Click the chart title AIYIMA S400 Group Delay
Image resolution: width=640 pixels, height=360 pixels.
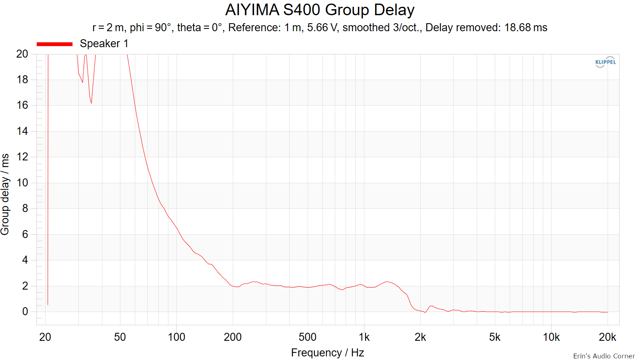(320, 10)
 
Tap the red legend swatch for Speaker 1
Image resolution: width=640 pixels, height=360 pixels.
(54, 44)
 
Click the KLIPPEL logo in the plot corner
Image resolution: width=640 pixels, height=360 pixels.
(606, 62)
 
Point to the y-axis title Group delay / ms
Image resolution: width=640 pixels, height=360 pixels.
(5, 194)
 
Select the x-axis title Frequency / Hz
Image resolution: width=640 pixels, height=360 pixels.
(328, 353)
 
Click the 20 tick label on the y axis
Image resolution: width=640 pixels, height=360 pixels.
(22, 54)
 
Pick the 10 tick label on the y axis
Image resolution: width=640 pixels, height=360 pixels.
(22, 182)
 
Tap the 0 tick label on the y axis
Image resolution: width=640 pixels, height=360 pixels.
(25, 312)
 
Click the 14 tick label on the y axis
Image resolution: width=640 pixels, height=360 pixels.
(22, 131)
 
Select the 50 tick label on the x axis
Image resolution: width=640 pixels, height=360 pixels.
(120, 337)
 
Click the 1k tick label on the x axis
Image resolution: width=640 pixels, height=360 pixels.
(364, 337)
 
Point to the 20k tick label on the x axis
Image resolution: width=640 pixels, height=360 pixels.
(608, 337)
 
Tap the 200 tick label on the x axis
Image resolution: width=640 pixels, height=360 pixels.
(232, 337)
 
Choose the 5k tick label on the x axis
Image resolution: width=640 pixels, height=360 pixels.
(494, 337)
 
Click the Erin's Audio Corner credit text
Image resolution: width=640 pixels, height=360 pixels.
(604, 356)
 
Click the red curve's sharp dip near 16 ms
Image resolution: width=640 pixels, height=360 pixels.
(91, 103)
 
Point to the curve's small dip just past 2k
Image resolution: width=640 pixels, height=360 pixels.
(425, 312)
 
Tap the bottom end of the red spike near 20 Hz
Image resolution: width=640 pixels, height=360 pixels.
(48, 305)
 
